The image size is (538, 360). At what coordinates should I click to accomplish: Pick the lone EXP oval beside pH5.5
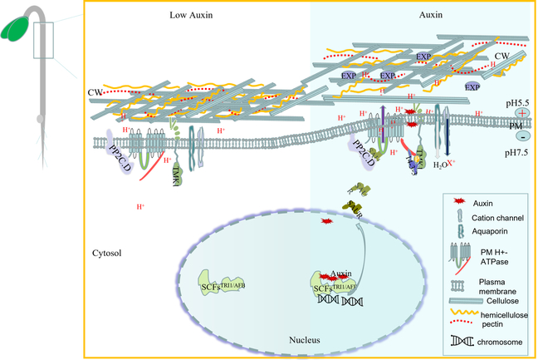click(472, 86)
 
